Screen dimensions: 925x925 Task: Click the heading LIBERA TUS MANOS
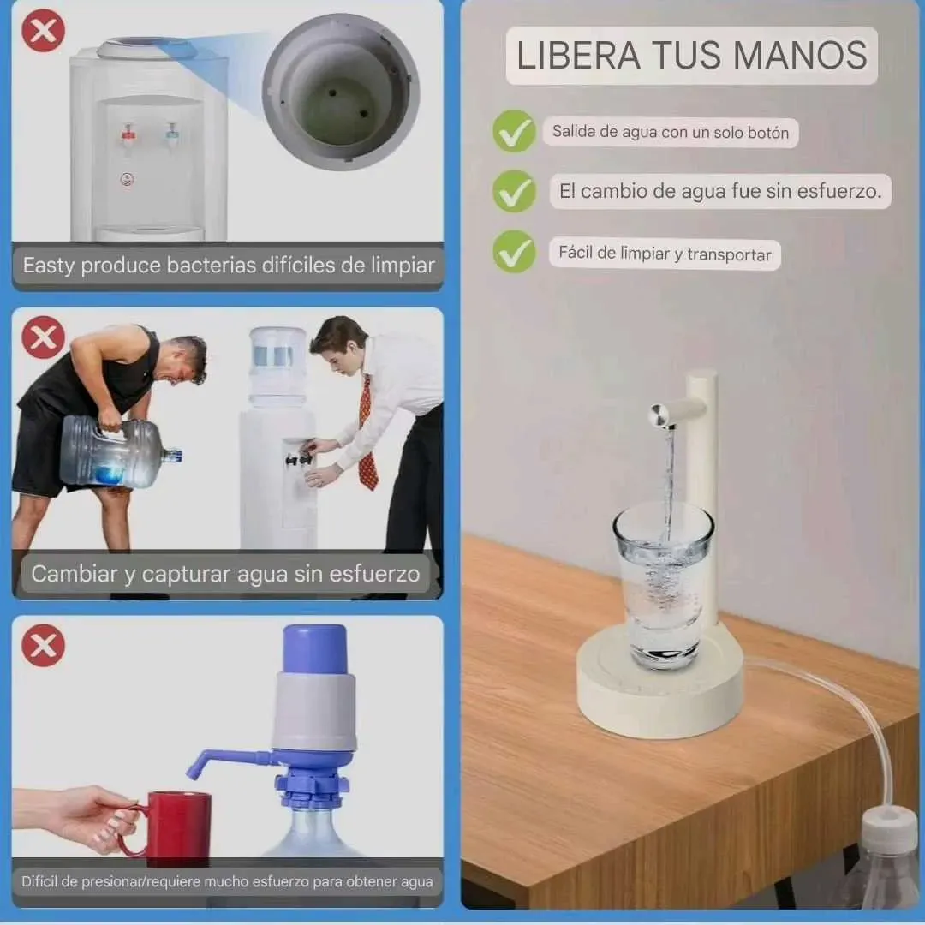tap(691, 55)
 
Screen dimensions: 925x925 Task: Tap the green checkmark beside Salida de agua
tap(515, 131)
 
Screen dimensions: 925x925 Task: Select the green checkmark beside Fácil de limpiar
tap(515, 251)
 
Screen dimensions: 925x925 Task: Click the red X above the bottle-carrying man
tap(43, 337)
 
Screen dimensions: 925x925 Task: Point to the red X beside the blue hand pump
tap(43, 646)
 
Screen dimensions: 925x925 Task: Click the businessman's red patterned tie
tap(367, 433)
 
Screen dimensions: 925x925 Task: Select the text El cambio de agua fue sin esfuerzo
tap(720, 191)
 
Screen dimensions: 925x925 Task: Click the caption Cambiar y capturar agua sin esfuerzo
tap(225, 574)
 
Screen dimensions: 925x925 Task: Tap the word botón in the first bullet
tap(768, 133)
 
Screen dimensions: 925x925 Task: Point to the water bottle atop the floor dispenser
tap(277, 366)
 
